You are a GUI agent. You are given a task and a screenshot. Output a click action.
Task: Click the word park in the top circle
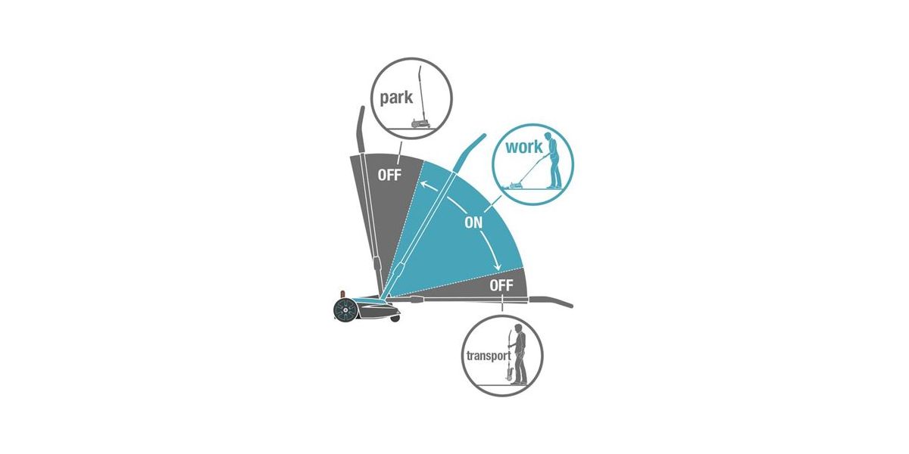point(396,98)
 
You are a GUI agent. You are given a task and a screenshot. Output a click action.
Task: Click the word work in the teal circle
point(523,147)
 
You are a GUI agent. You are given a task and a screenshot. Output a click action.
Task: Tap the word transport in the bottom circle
point(489,356)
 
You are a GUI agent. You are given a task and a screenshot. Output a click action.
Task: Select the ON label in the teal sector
point(473,222)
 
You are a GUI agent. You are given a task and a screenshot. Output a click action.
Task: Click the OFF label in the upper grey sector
point(389,175)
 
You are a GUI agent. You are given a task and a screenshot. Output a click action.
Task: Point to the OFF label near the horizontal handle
point(501,285)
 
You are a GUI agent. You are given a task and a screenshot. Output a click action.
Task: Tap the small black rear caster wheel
point(395,319)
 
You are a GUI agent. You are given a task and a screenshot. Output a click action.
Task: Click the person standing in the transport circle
point(519,355)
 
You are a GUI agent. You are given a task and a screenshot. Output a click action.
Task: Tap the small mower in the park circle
point(420,123)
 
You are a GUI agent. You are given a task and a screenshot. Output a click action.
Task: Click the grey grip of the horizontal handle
point(551,302)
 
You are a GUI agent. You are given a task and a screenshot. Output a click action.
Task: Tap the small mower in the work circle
point(514,185)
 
